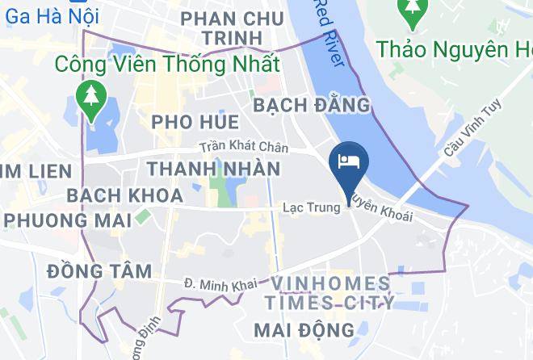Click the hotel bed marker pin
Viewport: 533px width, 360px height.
(349, 162)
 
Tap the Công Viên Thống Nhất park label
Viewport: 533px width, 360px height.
(168, 64)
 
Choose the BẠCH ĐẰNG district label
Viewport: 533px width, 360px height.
(312, 105)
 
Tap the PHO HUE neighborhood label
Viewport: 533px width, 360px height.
(195, 123)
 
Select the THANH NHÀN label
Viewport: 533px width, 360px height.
(213, 170)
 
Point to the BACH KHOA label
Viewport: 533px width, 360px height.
(124, 195)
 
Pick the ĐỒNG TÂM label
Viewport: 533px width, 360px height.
(99, 271)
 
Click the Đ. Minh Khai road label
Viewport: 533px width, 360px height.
(220, 283)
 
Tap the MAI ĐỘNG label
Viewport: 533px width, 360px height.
(304, 329)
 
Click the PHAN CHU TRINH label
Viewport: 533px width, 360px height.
(233, 28)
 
